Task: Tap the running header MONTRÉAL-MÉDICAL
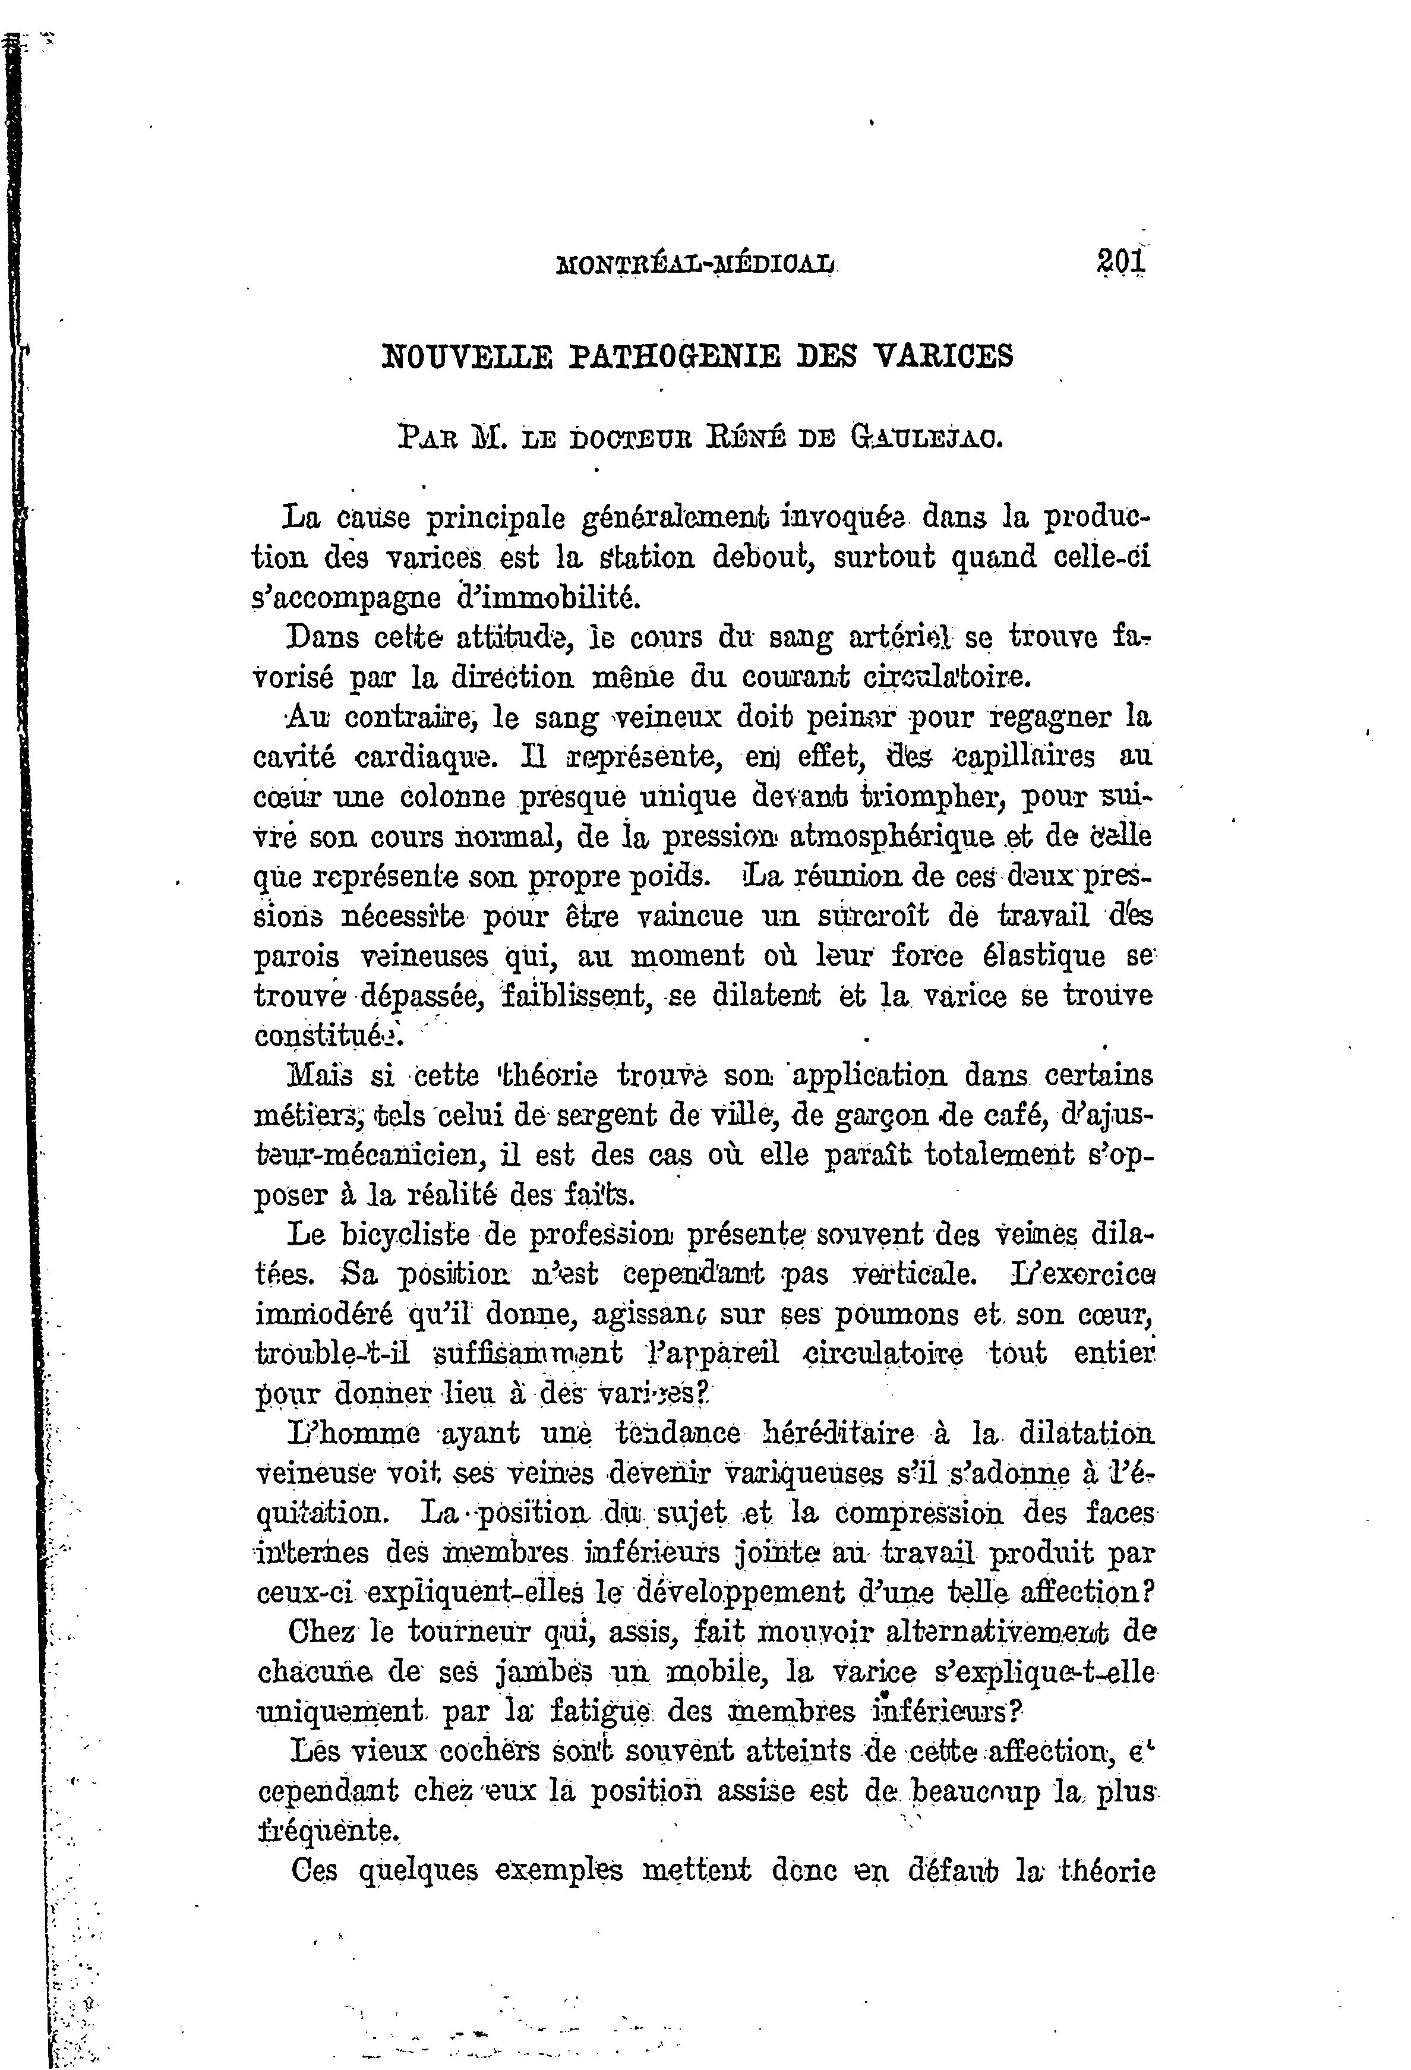[x=696, y=264]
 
